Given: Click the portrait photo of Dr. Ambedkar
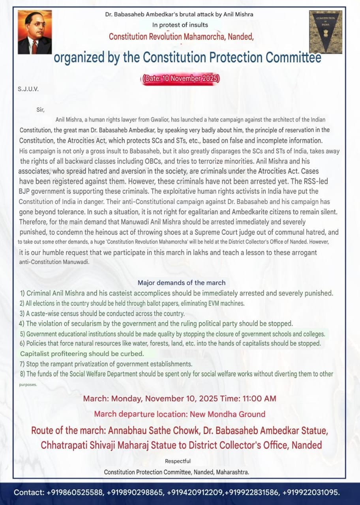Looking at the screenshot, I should [x=35, y=32].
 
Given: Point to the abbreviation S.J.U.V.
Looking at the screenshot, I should [x=28, y=89].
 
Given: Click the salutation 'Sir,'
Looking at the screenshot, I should [x=41, y=110].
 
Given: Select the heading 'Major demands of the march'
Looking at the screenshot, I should [x=182, y=282].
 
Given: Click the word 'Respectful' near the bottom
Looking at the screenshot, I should [x=178, y=461].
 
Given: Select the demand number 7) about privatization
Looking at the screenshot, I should [x=106, y=364].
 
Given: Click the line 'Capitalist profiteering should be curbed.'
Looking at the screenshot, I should [x=82, y=353].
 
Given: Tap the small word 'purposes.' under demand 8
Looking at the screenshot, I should [x=28, y=384].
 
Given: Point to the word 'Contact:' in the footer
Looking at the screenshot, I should [x=29, y=492].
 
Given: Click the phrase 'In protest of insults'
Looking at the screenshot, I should [x=180, y=25].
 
